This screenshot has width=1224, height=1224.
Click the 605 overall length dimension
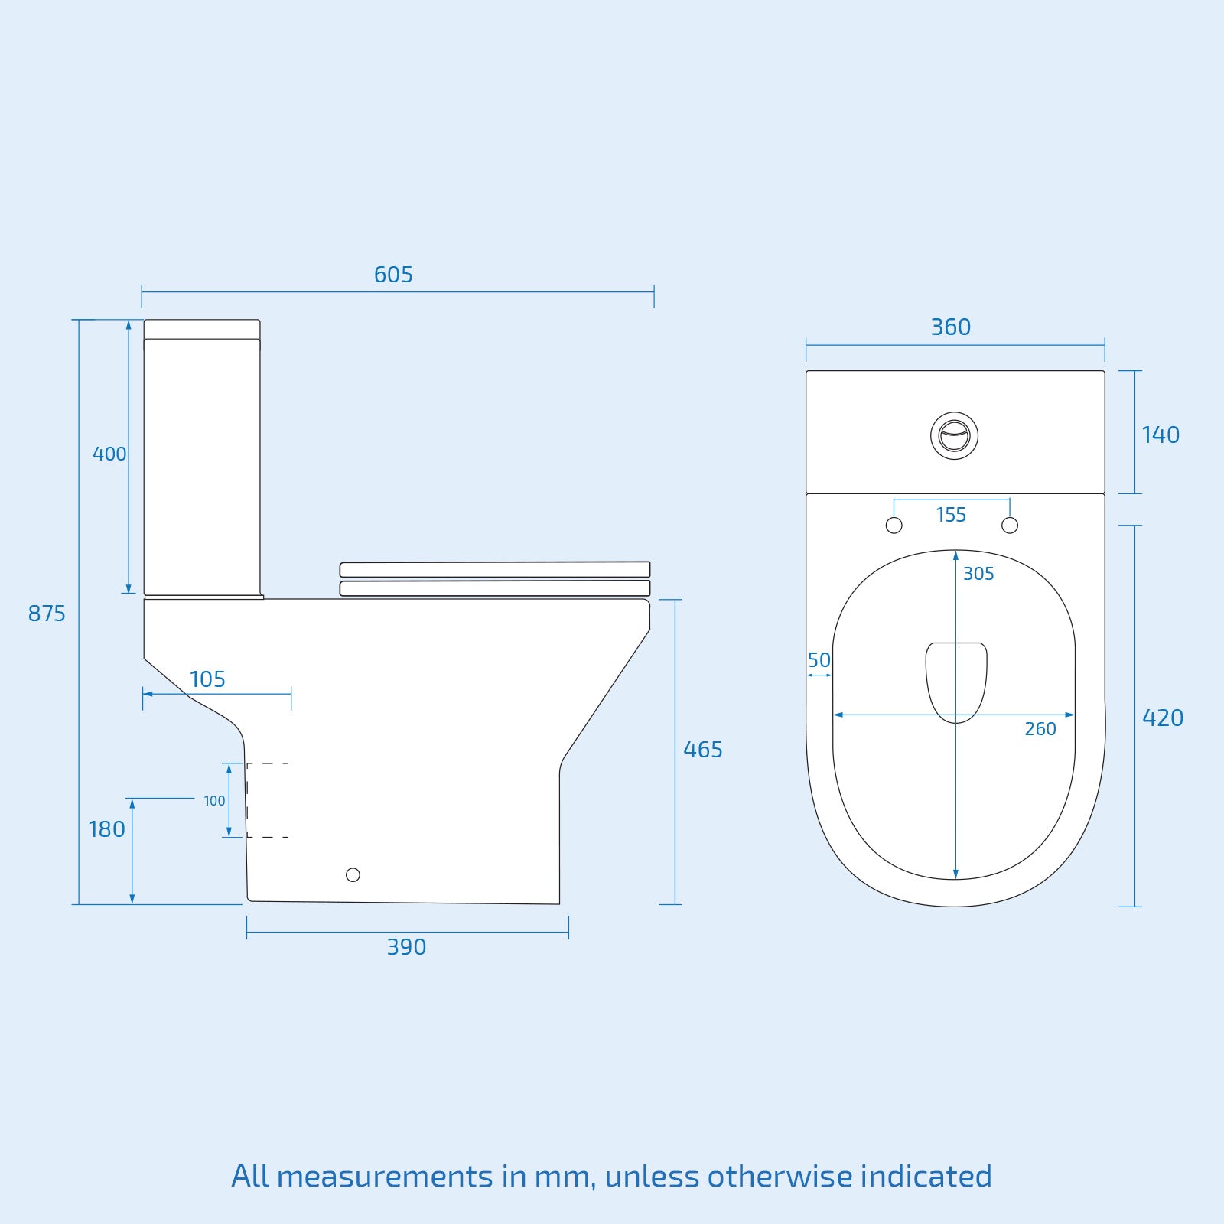coord(393,275)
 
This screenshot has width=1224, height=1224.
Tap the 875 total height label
coord(47,614)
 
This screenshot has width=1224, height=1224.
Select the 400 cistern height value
coord(109,454)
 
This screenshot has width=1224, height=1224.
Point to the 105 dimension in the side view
coord(207,679)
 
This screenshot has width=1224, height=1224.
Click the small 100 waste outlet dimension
coord(214,801)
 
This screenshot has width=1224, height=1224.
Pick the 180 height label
coord(106,829)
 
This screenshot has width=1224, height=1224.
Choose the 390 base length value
coord(406,947)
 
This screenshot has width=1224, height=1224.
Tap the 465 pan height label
coord(702,750)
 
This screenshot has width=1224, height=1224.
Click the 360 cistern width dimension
coord(951,327)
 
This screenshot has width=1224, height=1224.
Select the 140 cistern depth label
coord(1161,435)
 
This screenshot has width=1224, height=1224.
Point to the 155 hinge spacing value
coord(951,515)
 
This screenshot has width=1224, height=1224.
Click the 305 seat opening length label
coord(978,574)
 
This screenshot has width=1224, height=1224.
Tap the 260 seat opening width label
coord(1040,729)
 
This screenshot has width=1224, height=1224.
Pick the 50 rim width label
coord(819,660)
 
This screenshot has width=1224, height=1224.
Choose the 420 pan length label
coord(1162,718)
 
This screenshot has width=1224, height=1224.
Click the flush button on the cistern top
coord(954,436)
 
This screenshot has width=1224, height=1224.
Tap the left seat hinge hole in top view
coord(894,526)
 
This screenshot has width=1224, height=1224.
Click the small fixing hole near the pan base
coord(353,874)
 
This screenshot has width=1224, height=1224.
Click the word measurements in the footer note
coord(385,1177)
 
